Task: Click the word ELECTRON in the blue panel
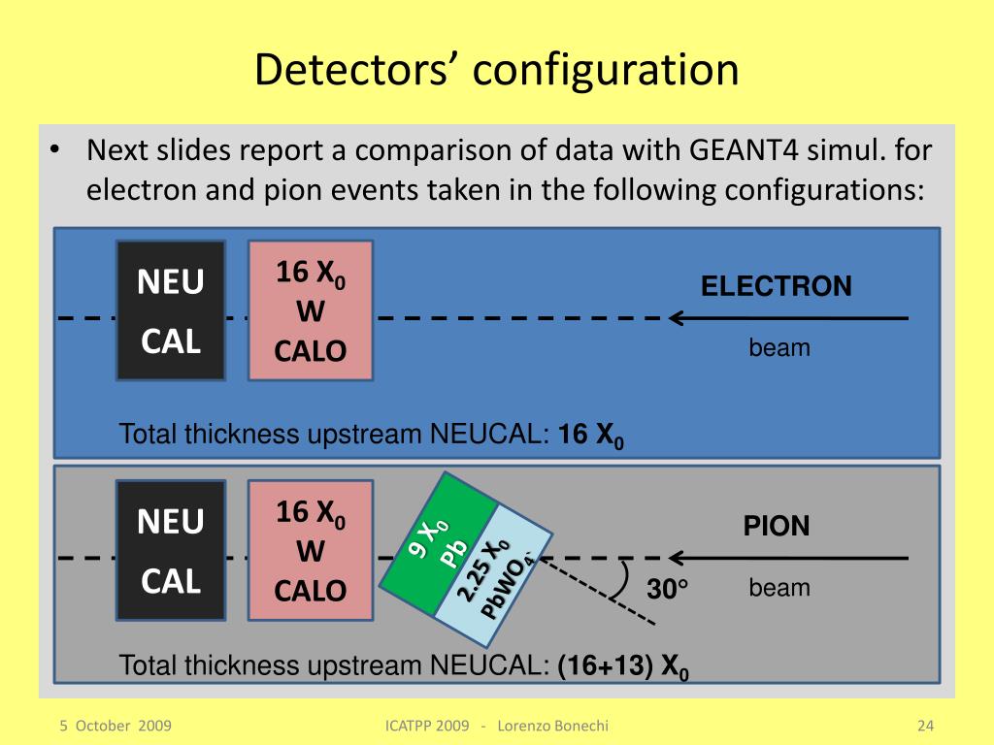click(x=777, y=286)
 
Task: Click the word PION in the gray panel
click(x=777, y=527)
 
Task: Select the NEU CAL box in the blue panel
click(x=171, y=310)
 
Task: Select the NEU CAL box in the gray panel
click(x=171, y=550)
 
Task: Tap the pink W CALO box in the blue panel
click(x=311, y=310)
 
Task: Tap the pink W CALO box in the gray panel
click(x=311, y=550)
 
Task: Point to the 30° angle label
click(x=668, y=589)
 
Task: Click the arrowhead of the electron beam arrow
click(x=676, y=317)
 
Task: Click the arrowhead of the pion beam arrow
click(x=676, y=558)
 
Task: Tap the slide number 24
click(x=924, y=726)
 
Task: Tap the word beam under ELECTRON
click(x=779, y=347)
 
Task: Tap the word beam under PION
click(x=779, y=588)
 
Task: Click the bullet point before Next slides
click(x=55, y=150)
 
